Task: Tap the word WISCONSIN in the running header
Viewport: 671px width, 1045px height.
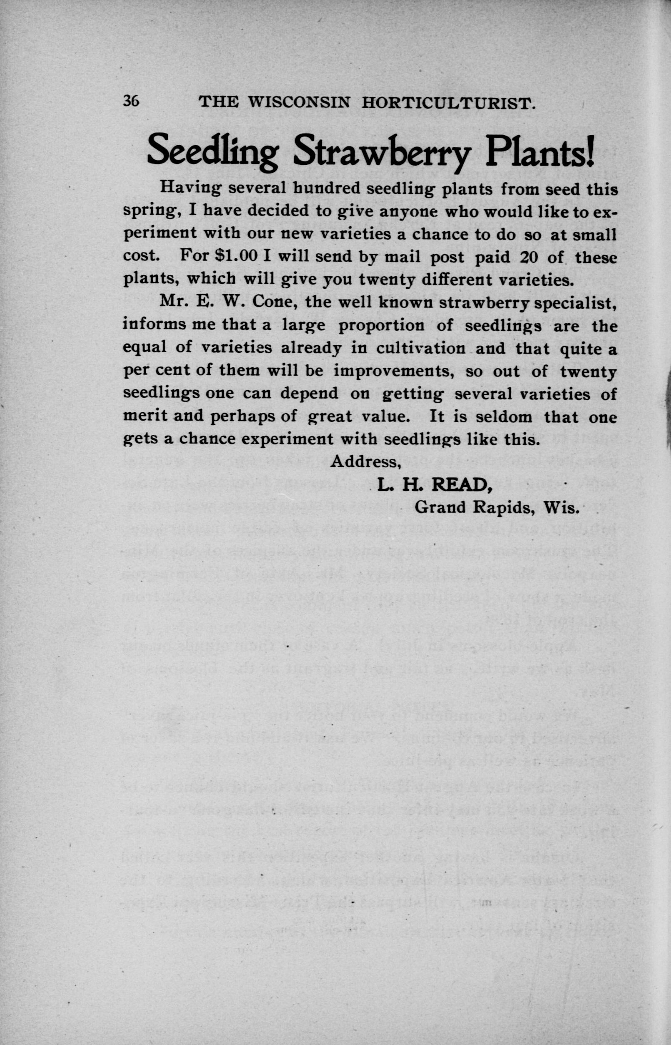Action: pos(298,102)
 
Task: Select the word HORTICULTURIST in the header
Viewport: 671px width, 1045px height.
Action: pos(449,103)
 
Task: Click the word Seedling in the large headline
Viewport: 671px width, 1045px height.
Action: pos(214,150)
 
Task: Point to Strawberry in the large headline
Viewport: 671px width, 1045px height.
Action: pos(383,151)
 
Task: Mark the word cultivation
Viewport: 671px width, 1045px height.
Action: pos(421,348)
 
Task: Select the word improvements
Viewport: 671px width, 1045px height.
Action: pos(395,371)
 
